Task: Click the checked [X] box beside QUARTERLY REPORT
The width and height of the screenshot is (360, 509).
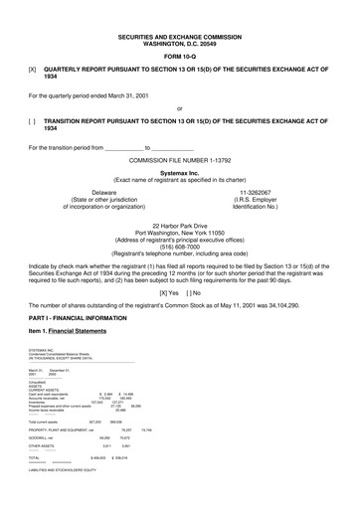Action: (33, 70)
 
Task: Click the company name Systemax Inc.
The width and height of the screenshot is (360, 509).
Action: (179, 171)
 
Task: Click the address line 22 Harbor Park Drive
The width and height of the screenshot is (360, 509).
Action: (179, 225)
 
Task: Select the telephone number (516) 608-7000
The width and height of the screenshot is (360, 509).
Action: (179, 247)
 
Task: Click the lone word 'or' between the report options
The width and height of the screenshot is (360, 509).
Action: (179, 108)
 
